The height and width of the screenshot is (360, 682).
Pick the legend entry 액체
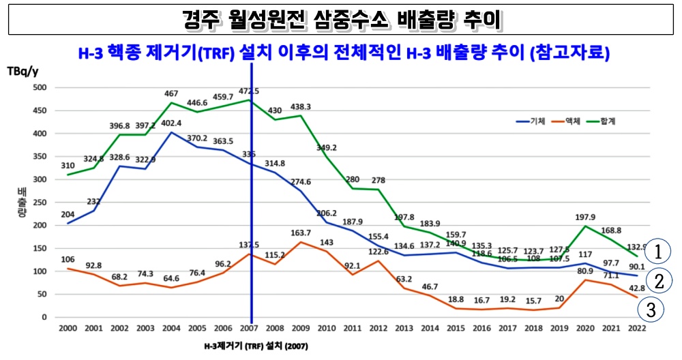point(572,121)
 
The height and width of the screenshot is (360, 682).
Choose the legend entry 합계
point(606,121)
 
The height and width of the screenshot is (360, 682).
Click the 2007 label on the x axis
point(252,329)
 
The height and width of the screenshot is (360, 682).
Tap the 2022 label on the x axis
point(637,329)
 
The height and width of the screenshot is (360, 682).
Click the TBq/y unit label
point(23,71)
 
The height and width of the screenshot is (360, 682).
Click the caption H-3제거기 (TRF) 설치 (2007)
point(251,346)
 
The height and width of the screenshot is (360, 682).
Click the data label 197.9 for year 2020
point(585,217)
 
